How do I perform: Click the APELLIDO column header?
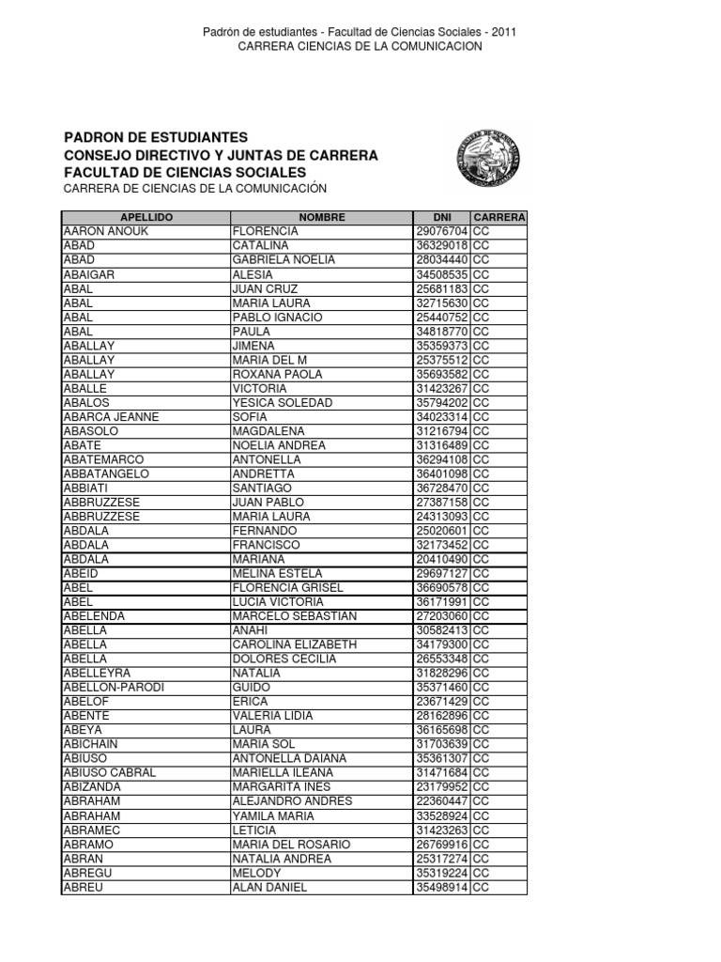146,217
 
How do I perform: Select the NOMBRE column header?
322,217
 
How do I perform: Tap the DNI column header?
442,217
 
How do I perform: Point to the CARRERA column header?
499,217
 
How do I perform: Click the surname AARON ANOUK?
100,231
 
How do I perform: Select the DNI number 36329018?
442,245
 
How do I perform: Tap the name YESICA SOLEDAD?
277,403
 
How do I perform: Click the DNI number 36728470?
442,489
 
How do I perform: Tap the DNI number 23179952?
442,787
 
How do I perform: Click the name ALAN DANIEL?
269,887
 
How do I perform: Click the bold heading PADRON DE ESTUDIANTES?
155,137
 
